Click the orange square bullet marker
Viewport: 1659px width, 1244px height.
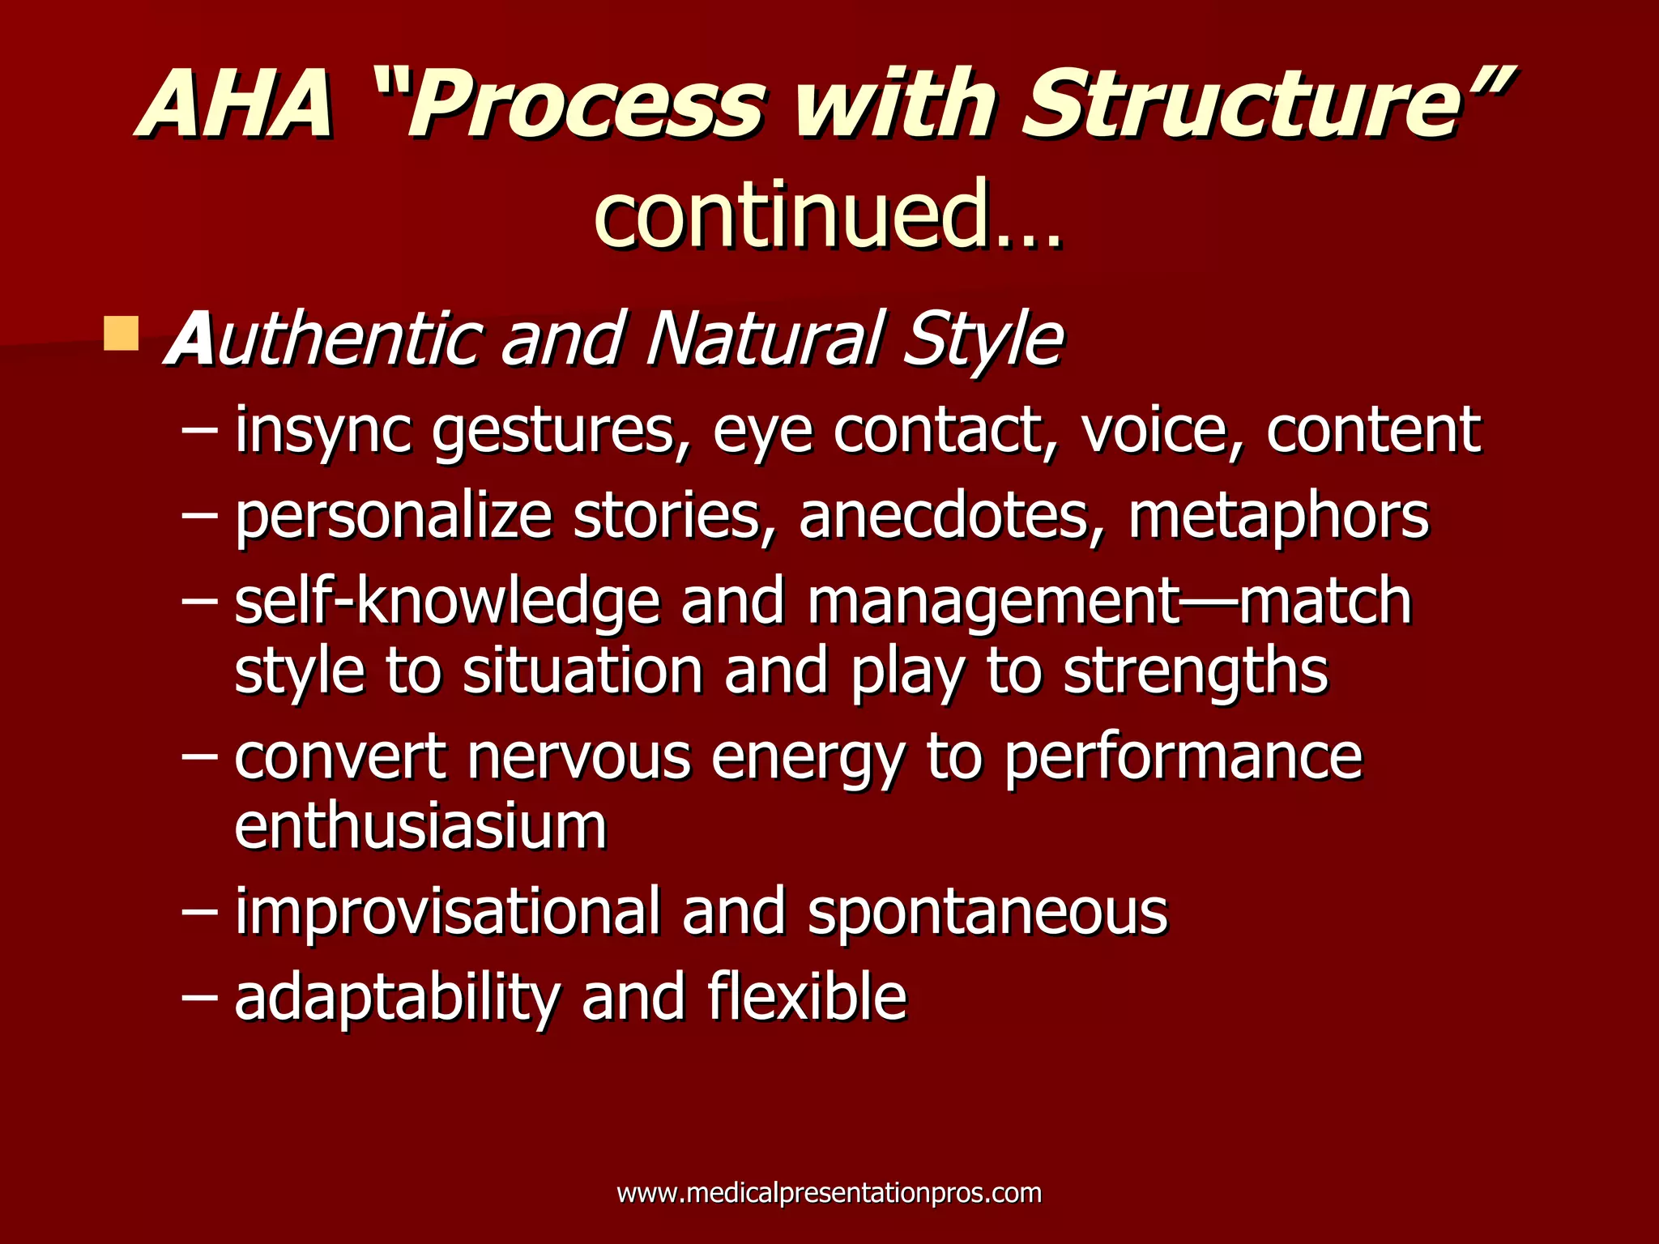coord(122,334)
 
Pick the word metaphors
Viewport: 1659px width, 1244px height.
coord(1278,517)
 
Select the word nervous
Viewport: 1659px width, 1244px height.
coord(578,756)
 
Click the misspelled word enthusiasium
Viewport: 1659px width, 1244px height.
coord(420,826)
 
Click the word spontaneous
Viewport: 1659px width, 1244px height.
coord(987,912)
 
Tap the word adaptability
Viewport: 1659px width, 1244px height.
coord(397,998)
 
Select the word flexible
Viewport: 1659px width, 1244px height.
coord(807,998)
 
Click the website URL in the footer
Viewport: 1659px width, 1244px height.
coord(829,1193)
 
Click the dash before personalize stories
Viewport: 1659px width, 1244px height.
coord(199,517)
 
